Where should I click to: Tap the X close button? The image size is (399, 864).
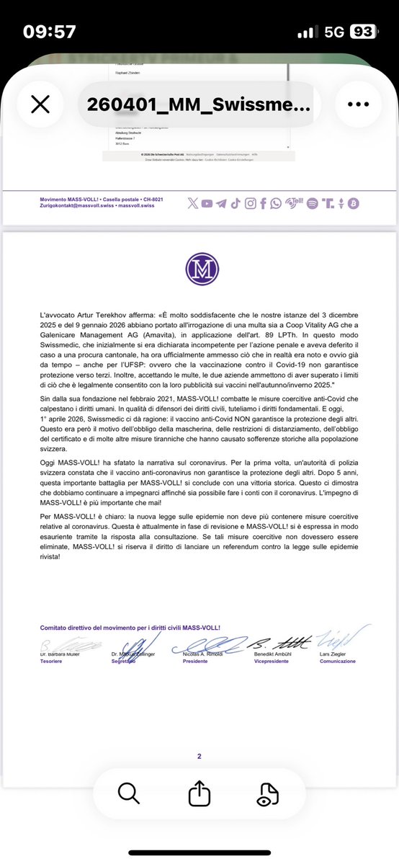point(40,104)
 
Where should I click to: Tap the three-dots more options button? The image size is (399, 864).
point(358,104)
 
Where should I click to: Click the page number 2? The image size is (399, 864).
point(199,736)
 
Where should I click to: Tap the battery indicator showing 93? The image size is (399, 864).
point(362,32)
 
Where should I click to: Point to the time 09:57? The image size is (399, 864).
point(49,32)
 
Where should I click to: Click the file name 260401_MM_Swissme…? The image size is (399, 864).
point(199,104)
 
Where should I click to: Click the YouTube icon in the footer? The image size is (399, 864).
point(207,204)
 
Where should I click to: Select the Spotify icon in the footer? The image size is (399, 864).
point(312,204)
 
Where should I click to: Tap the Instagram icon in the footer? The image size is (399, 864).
point(250,204)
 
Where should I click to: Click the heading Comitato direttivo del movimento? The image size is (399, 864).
point(108,628)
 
